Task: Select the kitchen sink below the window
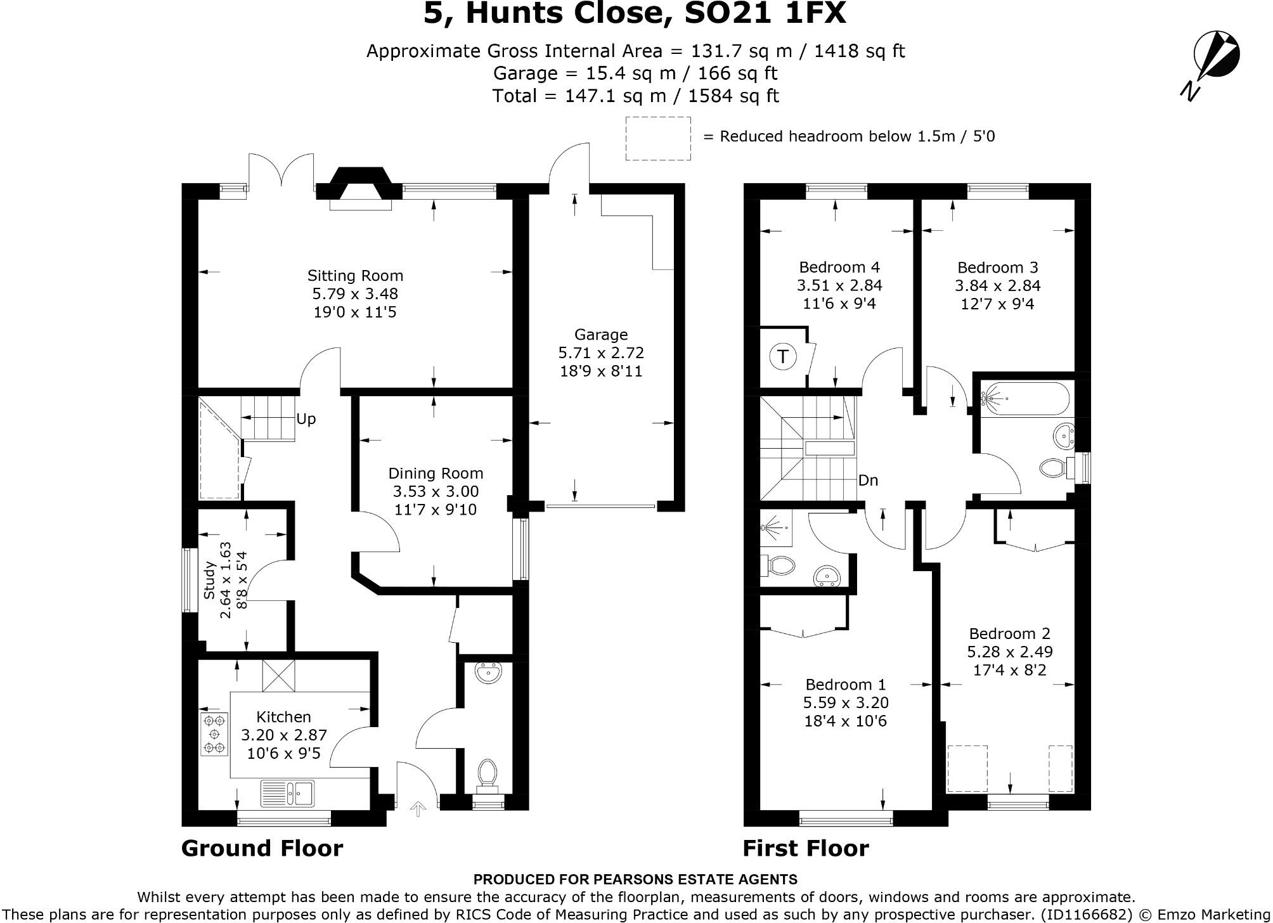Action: click(x=287, y=793)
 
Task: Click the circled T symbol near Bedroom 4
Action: click(x=782, y=357)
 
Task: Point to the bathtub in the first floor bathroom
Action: click(x=1025, y=399)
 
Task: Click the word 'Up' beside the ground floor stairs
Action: click(x=306, y=419)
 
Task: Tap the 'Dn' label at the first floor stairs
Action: click(x=868, y=481)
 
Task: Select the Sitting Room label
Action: click(x=355, y=276)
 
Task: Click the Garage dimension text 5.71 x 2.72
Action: click(x=601, y=352)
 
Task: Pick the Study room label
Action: click(x=210, y=580)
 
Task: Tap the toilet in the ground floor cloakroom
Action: click(x=487, y=775)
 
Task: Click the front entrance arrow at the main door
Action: click(x=417, y=808)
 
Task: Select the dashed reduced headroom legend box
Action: click(x=658, y=138)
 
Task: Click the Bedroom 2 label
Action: click(x=1009, y=633)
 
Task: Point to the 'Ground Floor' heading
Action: click(x=262, y=848)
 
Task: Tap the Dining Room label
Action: click(x=436, y=474)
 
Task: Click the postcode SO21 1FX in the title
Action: click(x=765, y=14)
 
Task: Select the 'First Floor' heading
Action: click(x=805, y=848)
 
